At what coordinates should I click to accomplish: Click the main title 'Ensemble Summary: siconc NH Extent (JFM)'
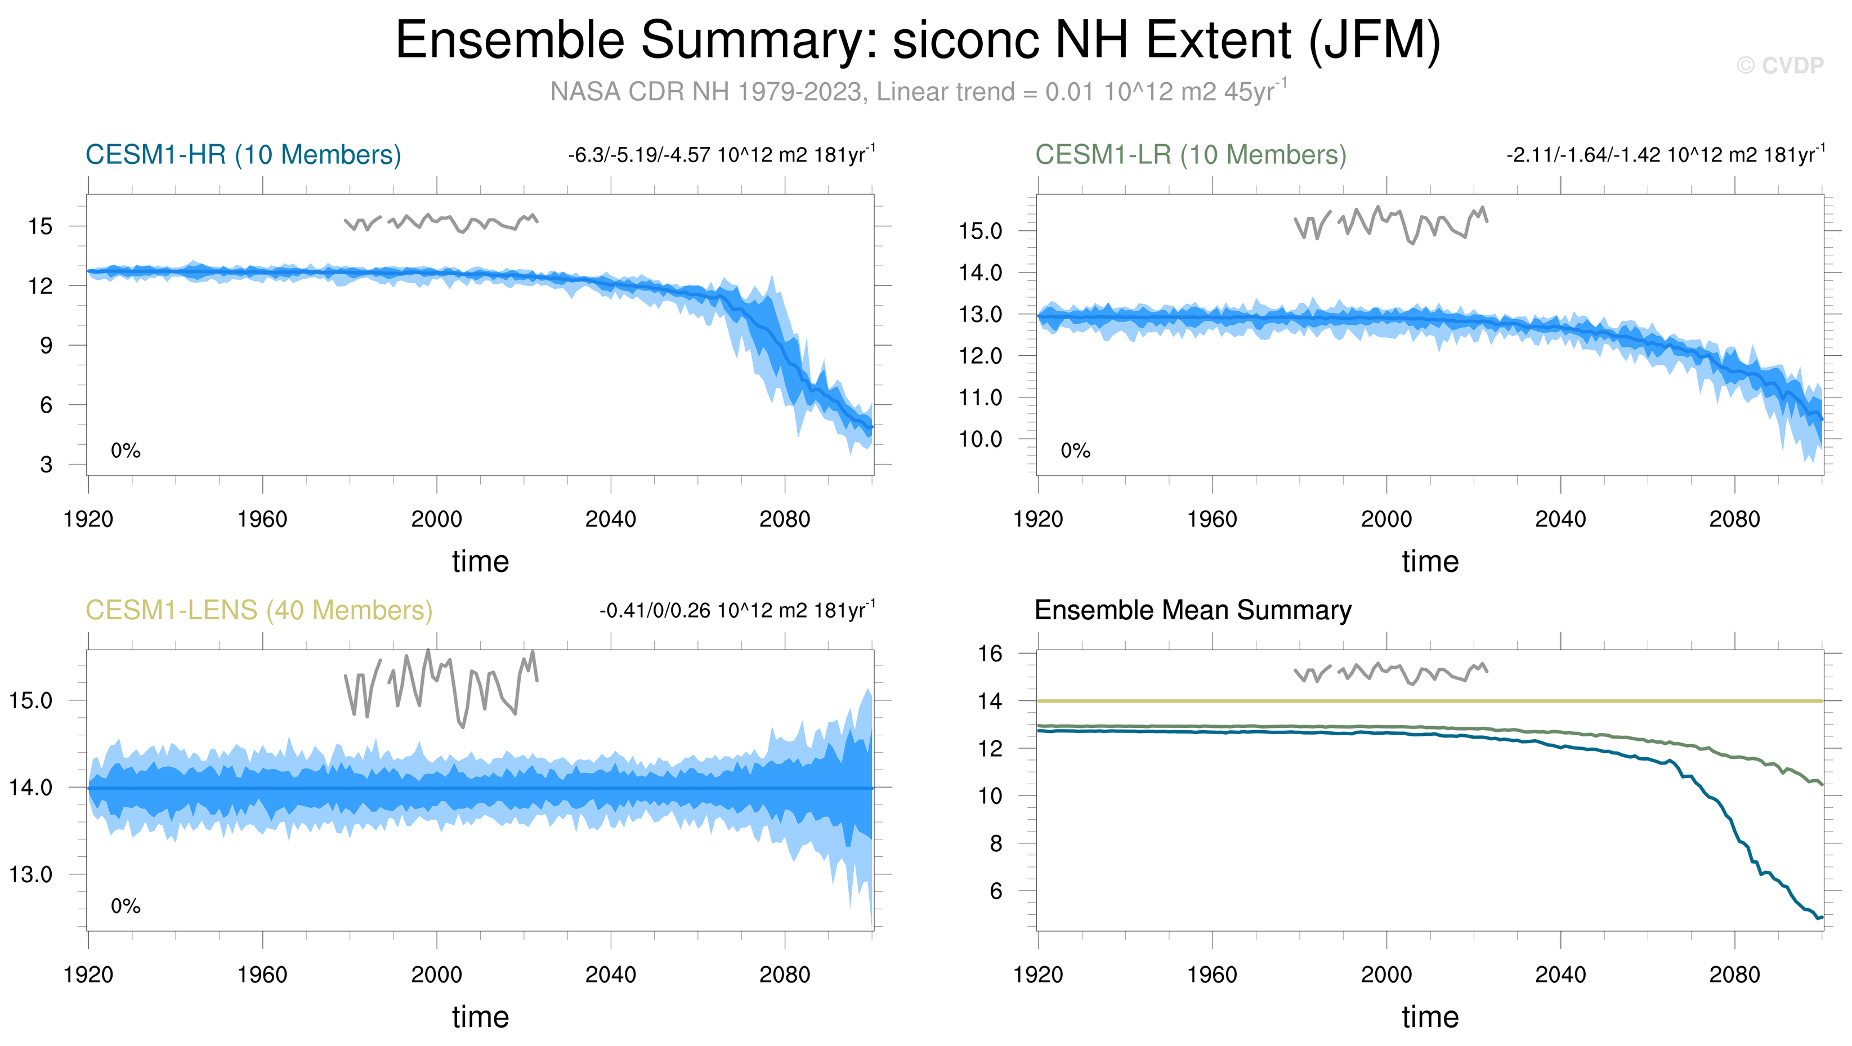(918, 41)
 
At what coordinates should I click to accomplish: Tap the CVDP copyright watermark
(1779, 66)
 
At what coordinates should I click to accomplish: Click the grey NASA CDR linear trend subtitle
(918, 92)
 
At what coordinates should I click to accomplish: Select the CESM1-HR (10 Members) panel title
(243, 155)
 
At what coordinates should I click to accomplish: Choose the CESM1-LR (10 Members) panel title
(1190, 155)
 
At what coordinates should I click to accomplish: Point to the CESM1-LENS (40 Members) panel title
(259, 610)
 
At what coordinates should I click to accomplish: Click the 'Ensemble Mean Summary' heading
(1193, 610)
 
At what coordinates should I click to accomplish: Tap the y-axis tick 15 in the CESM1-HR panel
(41, 226)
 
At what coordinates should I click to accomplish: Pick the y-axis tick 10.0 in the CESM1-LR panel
(980, 439)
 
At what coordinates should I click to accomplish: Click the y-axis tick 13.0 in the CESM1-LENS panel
(30, 875)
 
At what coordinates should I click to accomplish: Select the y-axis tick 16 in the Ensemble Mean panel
(990, 654)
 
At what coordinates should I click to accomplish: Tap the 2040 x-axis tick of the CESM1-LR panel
(1560, 519)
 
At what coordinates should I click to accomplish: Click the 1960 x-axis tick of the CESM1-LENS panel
(262, 975)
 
